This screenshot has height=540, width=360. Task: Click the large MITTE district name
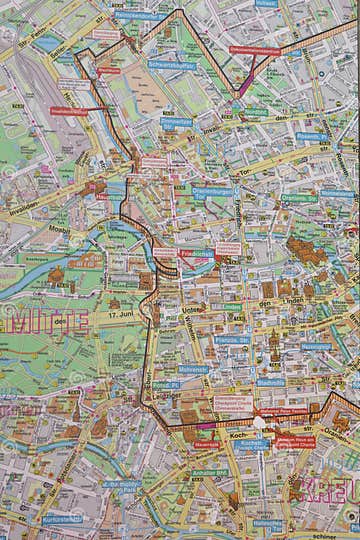(x=40, y=323)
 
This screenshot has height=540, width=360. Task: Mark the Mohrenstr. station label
(x=195, y=369)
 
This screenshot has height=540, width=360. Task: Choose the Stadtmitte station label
(x=271, y=382)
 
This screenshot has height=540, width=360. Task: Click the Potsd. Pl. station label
(x=165, y=384)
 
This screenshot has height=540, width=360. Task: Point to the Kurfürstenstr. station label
(x=61, y=519)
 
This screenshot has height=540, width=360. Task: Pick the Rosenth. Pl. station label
(x=312, y=136)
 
